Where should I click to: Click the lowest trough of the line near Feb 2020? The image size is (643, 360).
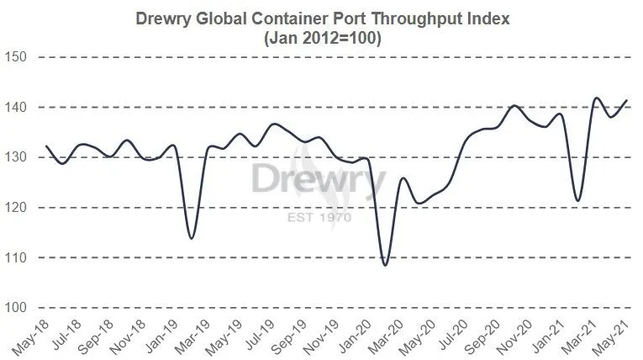click(x=386, y=265)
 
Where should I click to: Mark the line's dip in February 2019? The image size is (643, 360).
click(x=192, y=238)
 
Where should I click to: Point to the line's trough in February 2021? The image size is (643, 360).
click(x=578, y=200)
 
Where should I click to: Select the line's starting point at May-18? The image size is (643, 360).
click(x=46, y=146)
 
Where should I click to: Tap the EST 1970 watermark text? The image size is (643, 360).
click(x=319, y=217)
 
